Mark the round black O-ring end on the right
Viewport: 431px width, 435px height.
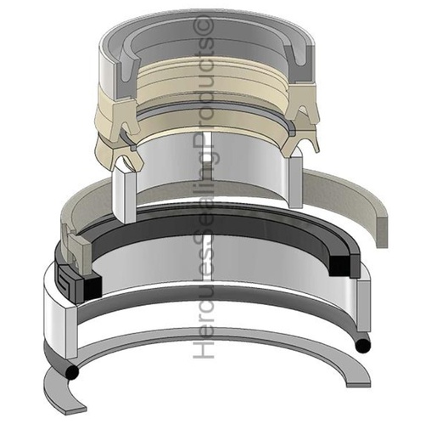362,345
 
